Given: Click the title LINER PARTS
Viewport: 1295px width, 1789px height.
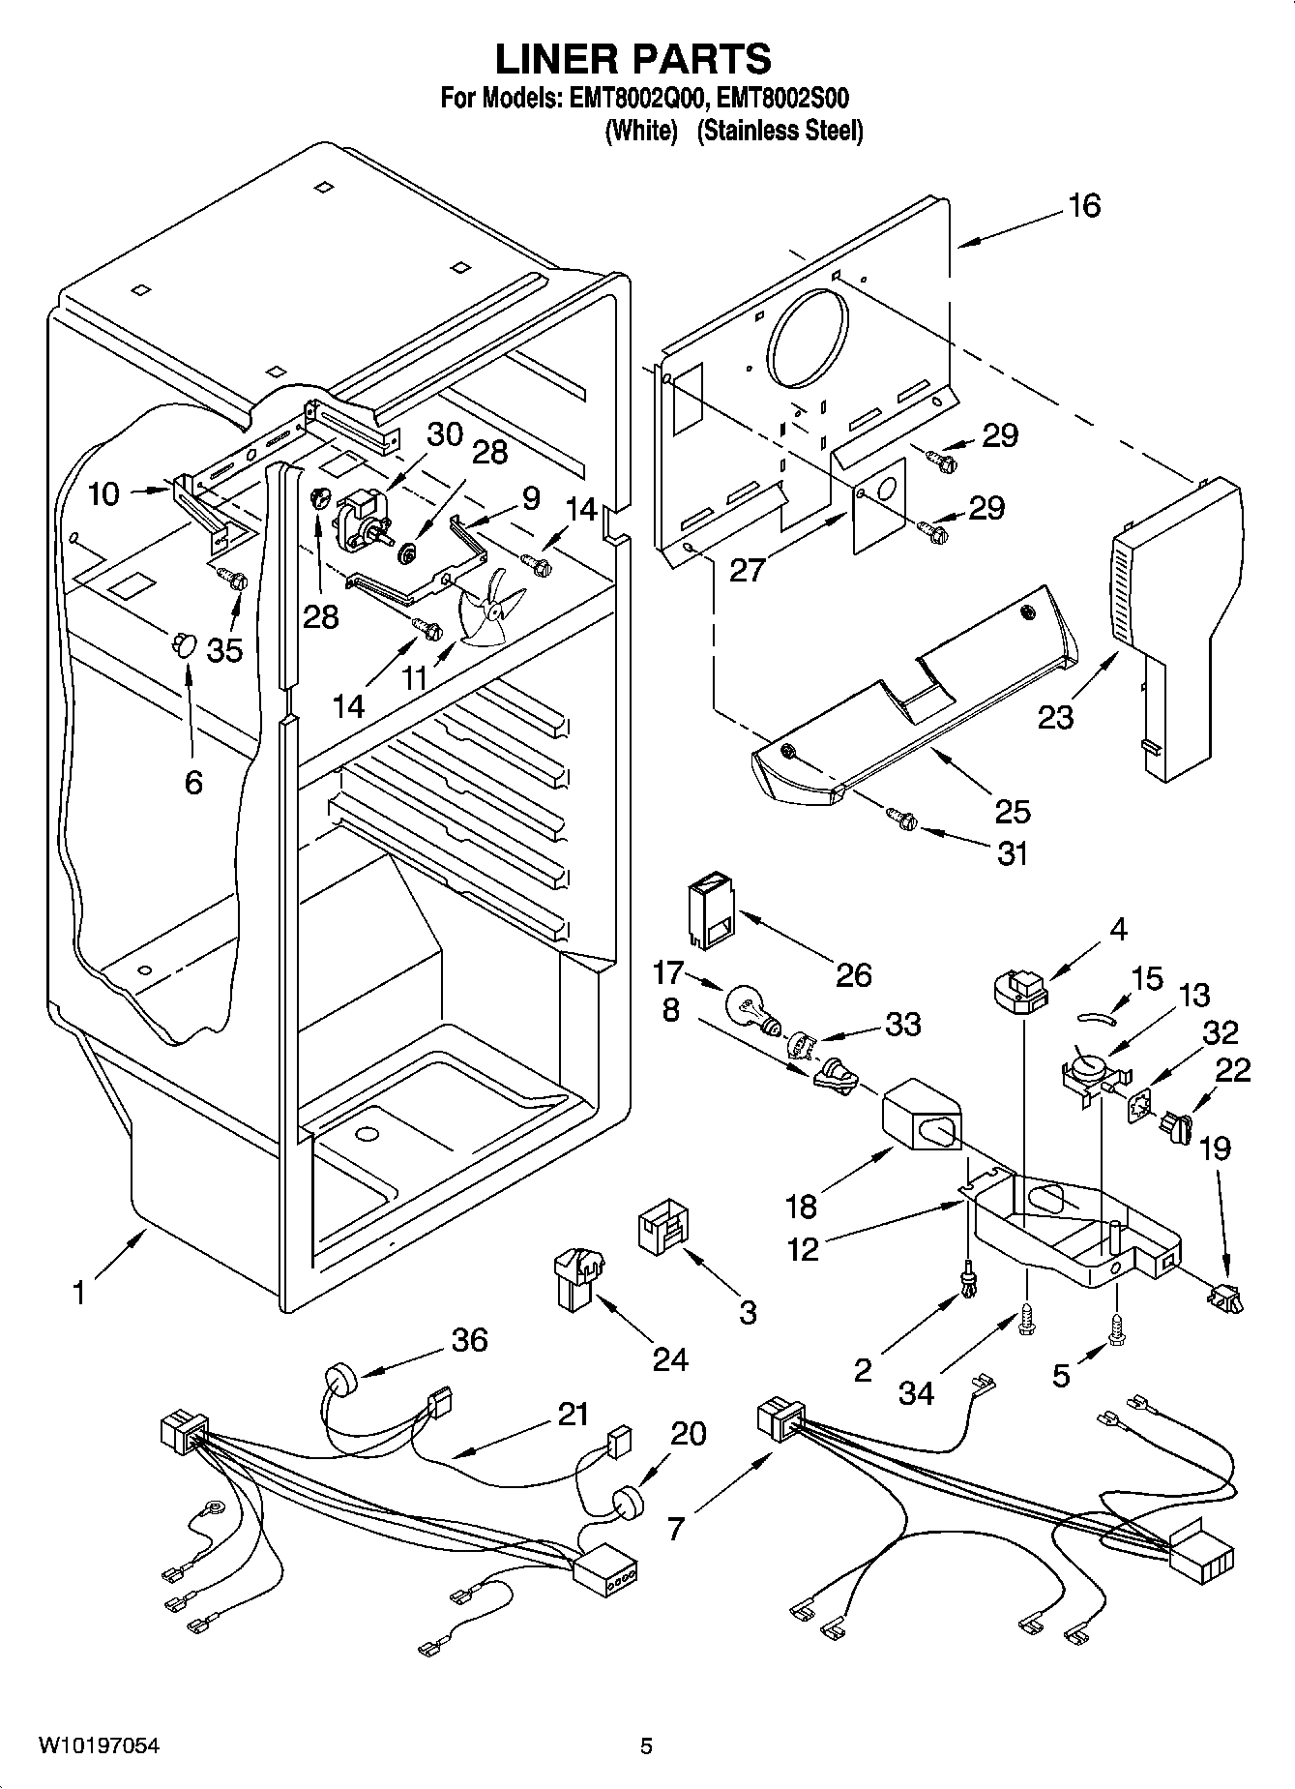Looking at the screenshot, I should [x=633, y=60].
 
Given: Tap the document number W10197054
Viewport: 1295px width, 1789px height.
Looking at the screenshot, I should [x=99, y=1746].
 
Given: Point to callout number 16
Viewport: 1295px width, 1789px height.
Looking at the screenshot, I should [x=1084, y=206].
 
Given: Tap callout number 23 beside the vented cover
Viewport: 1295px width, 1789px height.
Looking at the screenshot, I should [x=1055, y=717].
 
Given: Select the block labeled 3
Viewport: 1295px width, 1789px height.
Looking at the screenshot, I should [x=662, y=1227].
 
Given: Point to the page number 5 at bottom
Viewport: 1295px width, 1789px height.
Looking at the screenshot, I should [x=646, y=1746].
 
